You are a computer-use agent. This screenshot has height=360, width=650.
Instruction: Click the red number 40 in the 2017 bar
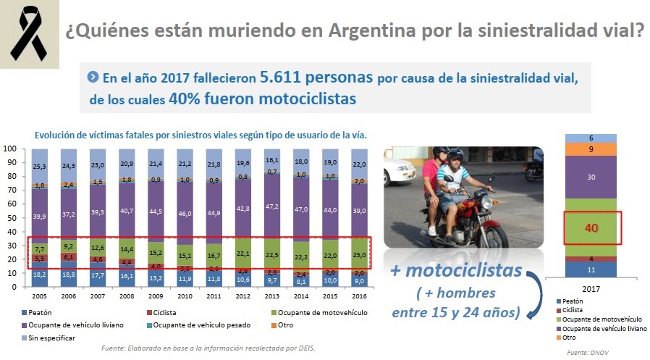coord(591,228)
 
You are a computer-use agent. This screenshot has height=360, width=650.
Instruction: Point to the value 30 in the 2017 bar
coord(591,177)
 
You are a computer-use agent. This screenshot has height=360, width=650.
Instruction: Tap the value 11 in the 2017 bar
coord(591,269)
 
